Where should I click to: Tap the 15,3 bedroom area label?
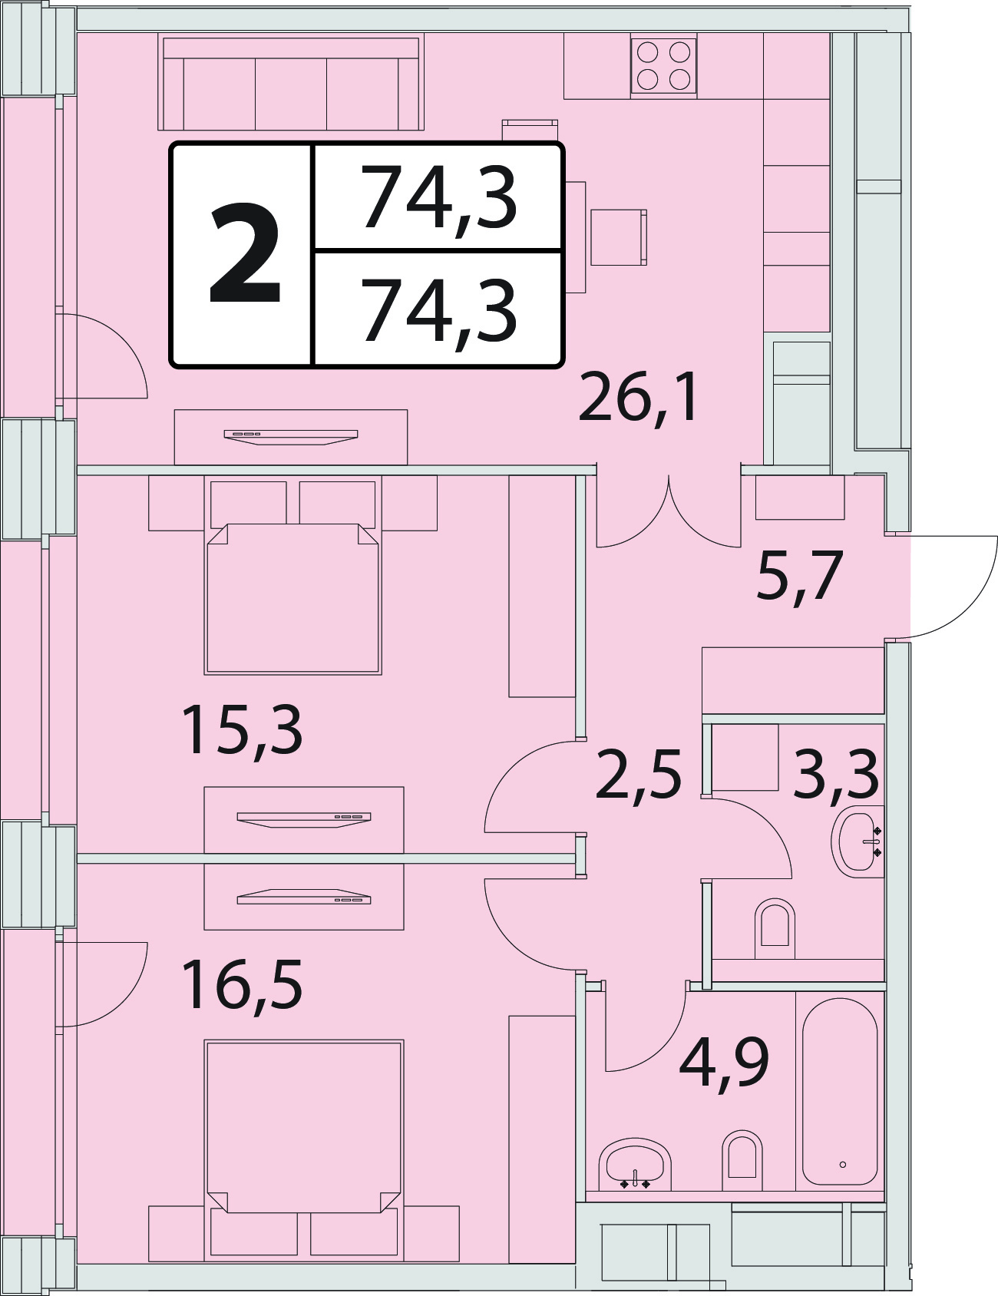tap(242, 731)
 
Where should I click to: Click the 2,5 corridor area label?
tap(639, 774)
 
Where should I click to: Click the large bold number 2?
tap(245, 253)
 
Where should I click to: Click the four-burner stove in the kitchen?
tap(663, 66)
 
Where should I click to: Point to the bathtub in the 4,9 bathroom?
tap(840, 1091)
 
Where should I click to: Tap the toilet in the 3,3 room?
tap(775, 928)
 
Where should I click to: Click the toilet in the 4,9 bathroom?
tap(742, 1159)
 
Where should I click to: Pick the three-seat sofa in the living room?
tap(291, 84)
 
